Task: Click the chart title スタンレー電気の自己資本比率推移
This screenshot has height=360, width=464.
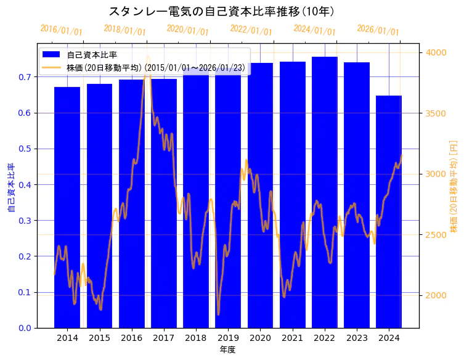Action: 222,12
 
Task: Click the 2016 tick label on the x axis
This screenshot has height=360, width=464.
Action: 131,338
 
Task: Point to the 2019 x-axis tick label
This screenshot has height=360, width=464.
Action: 228,338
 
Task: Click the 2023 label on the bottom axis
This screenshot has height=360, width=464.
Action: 357,338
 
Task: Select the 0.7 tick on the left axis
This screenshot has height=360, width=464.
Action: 25,77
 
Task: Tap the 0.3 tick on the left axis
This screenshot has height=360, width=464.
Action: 25,221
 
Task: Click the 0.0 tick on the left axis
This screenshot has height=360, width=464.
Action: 25,328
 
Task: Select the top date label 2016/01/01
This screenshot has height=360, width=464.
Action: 60,30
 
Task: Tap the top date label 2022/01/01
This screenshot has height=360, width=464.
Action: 251,30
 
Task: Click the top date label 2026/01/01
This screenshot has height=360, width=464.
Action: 378,30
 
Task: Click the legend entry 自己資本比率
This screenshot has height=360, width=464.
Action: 92,55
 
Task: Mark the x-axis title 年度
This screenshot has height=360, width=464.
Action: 227,350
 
